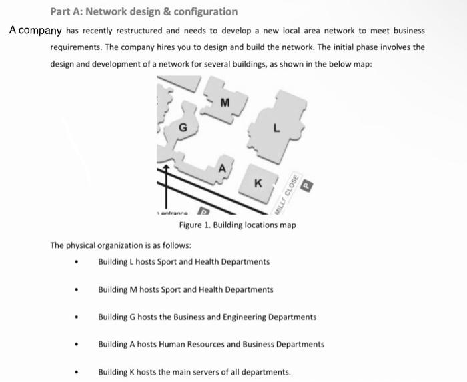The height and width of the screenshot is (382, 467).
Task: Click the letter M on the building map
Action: point(225,103)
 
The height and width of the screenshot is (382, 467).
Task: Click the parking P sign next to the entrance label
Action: point(198,212)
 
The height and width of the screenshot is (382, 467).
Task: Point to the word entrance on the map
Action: point(171,212)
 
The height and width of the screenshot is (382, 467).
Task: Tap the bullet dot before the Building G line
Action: point(79,318)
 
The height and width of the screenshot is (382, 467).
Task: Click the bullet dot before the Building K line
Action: point(79,373)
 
